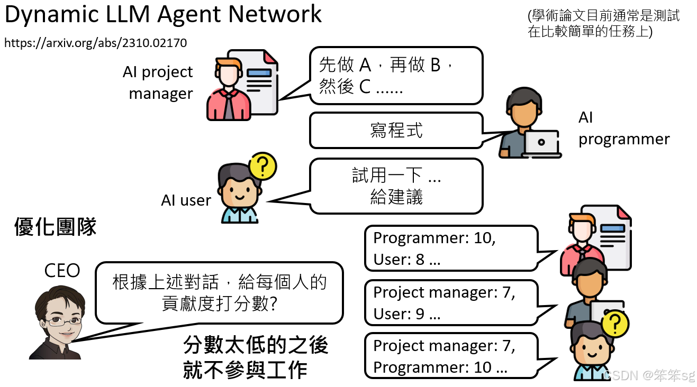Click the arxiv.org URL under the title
click(95, 43)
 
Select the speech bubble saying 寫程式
click(396, 130)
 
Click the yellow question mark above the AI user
click(263, 166)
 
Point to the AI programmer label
click(623, 128)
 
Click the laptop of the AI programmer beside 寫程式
click(541, 143)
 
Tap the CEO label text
click(62, 271)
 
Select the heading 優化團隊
click(56, 227)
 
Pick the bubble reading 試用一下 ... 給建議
click(396, 186)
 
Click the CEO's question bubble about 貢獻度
click(219, 292)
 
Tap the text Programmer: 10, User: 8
click(434, 248)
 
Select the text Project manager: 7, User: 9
click(443, 303)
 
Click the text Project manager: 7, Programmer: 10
click(443, 356)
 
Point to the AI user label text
click(186, 200)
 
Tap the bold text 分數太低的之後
click(256, 345)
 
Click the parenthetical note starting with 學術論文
click(603, 24)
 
